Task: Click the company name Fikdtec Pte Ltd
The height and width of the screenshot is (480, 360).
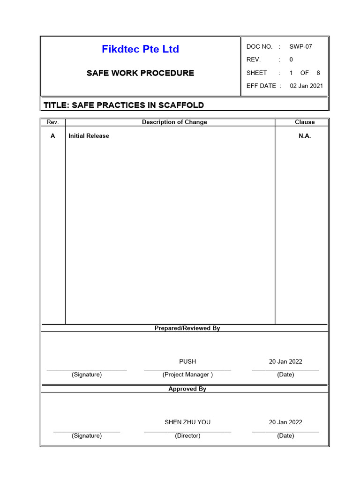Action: tap(140, 49)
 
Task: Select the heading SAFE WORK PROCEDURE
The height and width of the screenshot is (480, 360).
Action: tap(140, 73)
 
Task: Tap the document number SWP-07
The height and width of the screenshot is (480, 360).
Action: tap(300, 46)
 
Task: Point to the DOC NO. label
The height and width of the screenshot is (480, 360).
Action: tap(259, 46)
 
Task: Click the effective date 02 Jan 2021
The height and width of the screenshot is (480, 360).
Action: tap(307, 86)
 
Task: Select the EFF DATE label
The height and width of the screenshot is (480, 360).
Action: tap(261, 86)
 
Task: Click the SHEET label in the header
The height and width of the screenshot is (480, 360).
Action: tap(256, 73)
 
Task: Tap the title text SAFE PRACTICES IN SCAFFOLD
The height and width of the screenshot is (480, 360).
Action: tap(124, 105)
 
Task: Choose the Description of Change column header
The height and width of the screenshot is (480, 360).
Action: tap(174, 122)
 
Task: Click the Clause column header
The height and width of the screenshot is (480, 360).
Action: tap(305, 122)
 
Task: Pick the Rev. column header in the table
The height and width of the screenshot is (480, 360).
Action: tap(52, 122)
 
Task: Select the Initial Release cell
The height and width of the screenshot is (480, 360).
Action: tap(89, 136)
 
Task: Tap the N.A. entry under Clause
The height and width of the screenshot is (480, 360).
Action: tap(305, 136)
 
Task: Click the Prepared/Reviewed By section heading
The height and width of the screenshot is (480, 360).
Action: tap(187, 328)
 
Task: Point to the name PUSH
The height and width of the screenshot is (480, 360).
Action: tap(187, 361)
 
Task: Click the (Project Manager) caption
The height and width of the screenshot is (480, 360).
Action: tap(187, 375)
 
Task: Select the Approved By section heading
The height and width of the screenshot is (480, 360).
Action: tap(187, 389)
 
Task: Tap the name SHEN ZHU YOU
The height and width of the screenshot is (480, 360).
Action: tap(187, 422)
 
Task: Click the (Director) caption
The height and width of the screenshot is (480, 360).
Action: tap(187, 435)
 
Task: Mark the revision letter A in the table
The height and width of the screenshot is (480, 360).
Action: tap(52, 136)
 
